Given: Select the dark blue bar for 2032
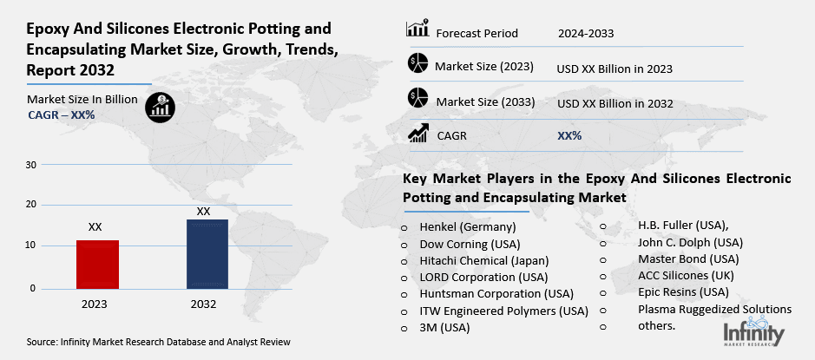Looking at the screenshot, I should [207, 254].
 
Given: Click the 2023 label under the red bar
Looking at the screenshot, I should [95, 304].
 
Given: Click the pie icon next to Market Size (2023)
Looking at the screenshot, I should [417, 64].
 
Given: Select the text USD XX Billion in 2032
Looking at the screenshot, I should [615, 103].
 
